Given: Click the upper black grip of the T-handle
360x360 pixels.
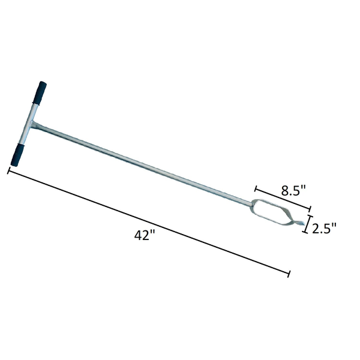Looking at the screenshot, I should (40, 94).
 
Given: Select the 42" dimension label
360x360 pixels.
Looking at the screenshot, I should (145, 236).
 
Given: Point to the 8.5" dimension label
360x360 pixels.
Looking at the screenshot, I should (294, 190).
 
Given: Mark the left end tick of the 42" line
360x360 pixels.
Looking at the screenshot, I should (8, 171).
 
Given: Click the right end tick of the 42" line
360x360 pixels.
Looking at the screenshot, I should (290, 274).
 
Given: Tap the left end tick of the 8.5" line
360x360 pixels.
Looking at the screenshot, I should (256, 188).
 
